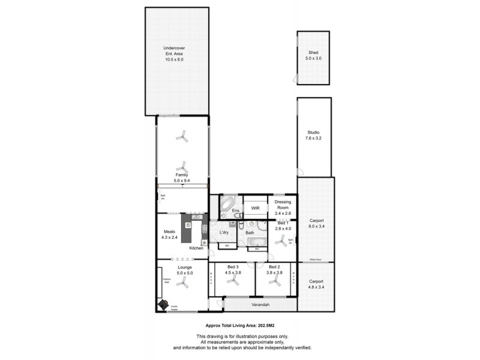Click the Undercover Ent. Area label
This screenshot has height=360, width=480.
174,55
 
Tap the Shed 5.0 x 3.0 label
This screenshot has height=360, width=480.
313,55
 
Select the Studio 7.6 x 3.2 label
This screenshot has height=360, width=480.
313,136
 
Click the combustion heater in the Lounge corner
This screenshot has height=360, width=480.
163,305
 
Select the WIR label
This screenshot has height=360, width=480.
254,209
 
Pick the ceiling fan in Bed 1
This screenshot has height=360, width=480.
280,242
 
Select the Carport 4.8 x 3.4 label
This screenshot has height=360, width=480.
316,284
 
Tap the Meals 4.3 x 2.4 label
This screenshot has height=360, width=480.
169,234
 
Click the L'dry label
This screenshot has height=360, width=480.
224,232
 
